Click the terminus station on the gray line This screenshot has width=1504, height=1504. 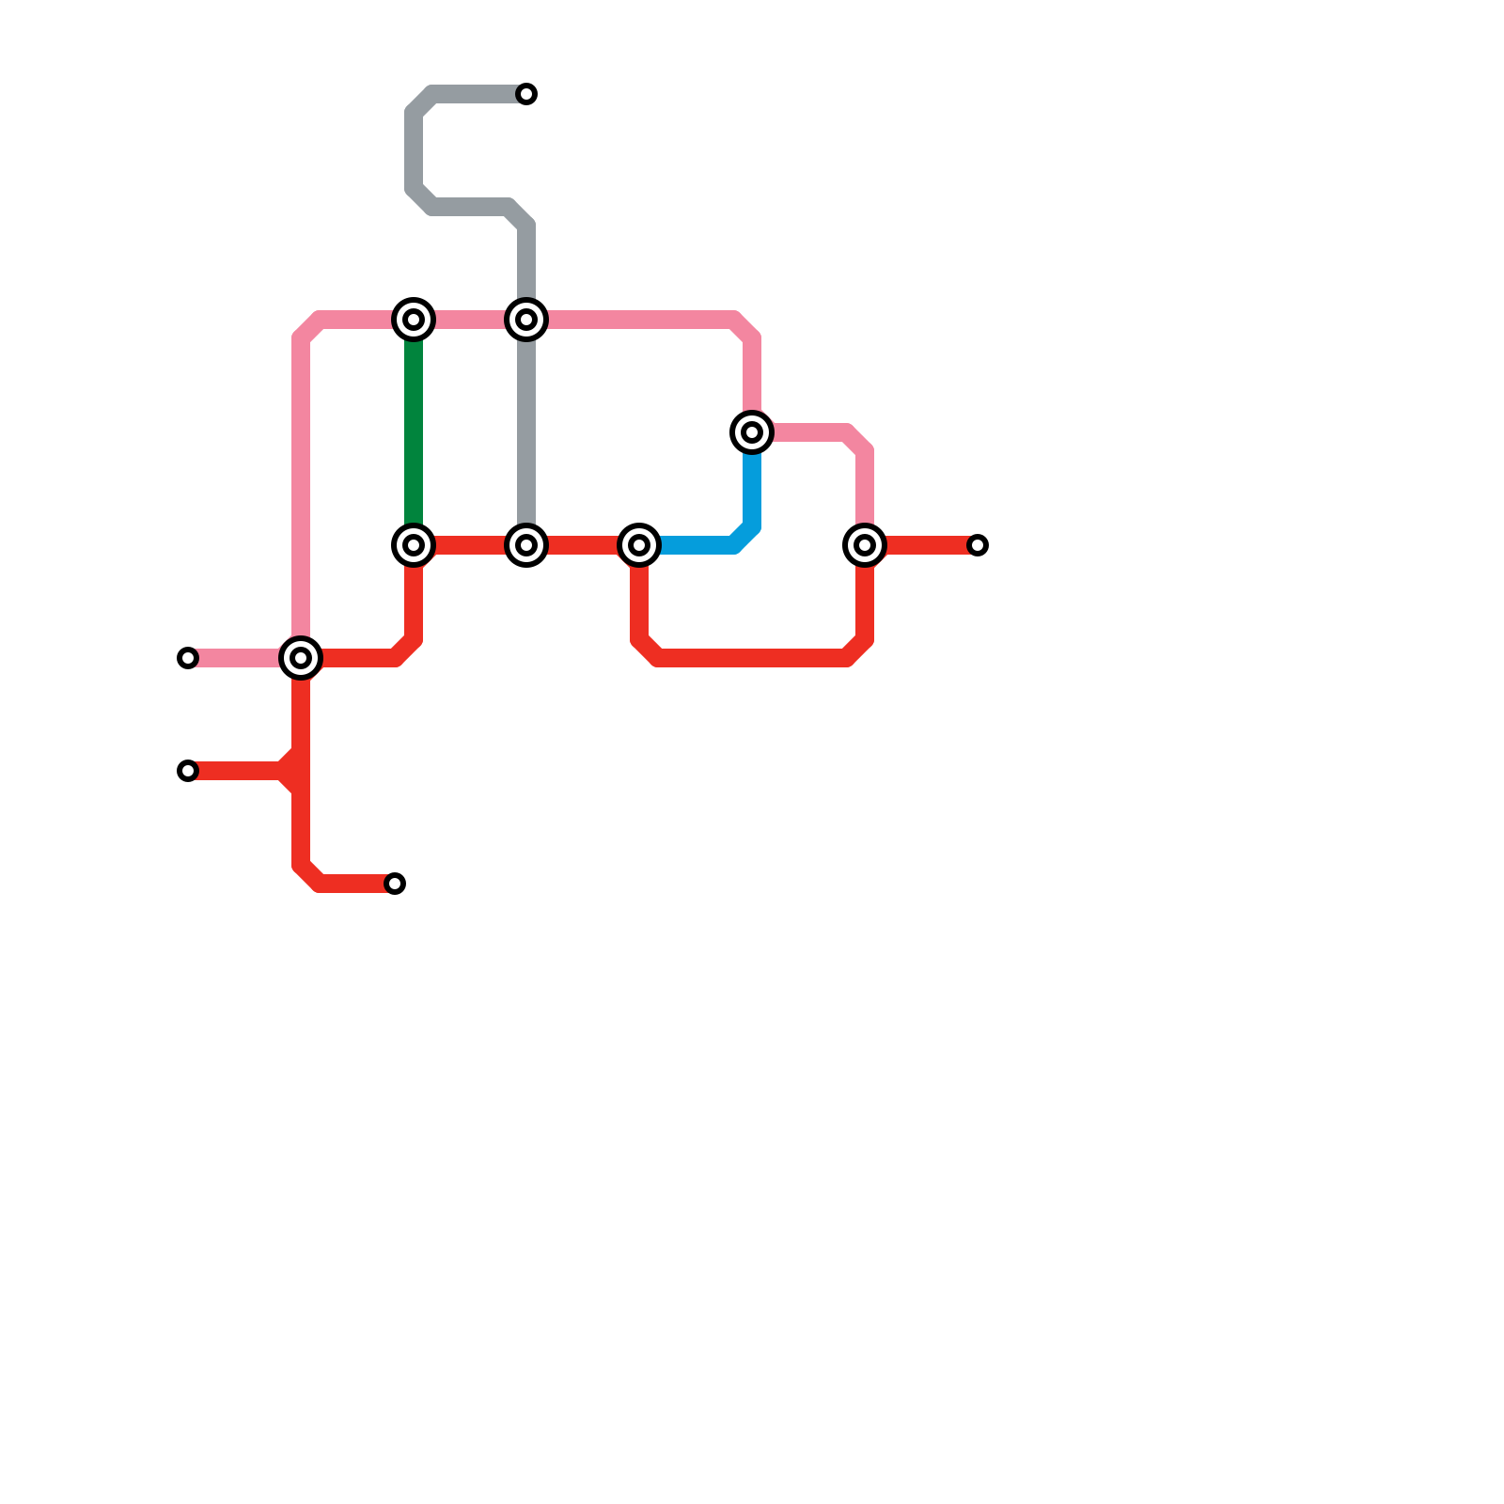coord(526,94)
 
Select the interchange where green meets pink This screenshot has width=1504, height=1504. coord(414,320)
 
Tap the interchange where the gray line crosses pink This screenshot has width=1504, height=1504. coord(526,320)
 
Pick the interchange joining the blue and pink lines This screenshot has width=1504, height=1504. coord(752,432)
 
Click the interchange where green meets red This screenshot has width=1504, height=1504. coord(414,545)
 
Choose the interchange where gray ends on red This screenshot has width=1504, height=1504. coord(526,545)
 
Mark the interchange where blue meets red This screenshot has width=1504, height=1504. coord(639,545)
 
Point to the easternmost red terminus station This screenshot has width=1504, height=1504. coord(978,545)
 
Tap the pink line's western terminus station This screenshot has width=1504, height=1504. coord(188,658)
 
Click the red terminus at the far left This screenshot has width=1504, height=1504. coord(188,771)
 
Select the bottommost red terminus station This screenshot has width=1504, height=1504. coord(395,884)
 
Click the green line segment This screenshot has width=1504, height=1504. coord(414,432)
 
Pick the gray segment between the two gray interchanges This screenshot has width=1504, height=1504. coord(526,432)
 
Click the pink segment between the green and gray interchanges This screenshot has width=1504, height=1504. coord(470,320)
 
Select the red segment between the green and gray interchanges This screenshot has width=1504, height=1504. coord(470,545)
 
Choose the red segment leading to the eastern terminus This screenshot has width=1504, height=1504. coord(926,545)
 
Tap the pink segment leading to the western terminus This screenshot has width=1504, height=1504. coord(240,658)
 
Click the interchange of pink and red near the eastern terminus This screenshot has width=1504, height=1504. coord(865,545)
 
